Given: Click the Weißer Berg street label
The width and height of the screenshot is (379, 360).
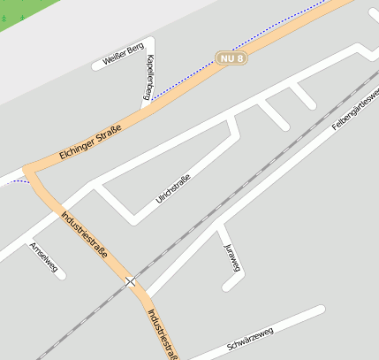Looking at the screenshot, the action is click(117, 58).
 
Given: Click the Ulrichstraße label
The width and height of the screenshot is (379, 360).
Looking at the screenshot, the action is click(173, 188).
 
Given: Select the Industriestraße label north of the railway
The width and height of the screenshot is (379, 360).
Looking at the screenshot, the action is click(84, 234).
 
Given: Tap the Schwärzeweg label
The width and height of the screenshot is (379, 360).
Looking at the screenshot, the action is click(250, 337).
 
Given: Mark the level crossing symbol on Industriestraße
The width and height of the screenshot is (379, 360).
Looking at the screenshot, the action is click(131, 281).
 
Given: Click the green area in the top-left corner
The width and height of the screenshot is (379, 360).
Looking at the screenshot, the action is click(18, 16).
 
